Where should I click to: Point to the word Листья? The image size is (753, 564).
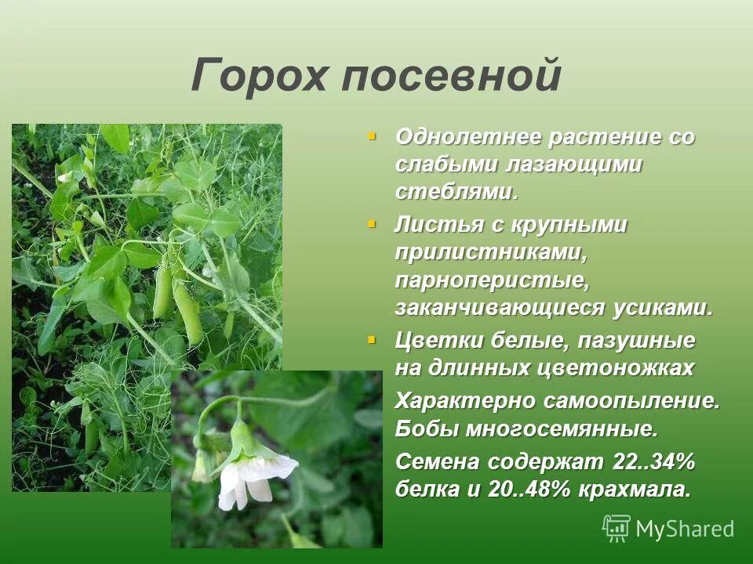point(434,226)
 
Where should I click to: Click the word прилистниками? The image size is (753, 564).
point(492,253)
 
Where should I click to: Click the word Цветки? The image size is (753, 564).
point(439,342)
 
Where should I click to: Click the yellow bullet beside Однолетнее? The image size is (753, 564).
point(372,136)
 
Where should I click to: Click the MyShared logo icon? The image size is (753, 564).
point(617,529)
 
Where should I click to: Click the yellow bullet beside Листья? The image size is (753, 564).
point(372,224)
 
